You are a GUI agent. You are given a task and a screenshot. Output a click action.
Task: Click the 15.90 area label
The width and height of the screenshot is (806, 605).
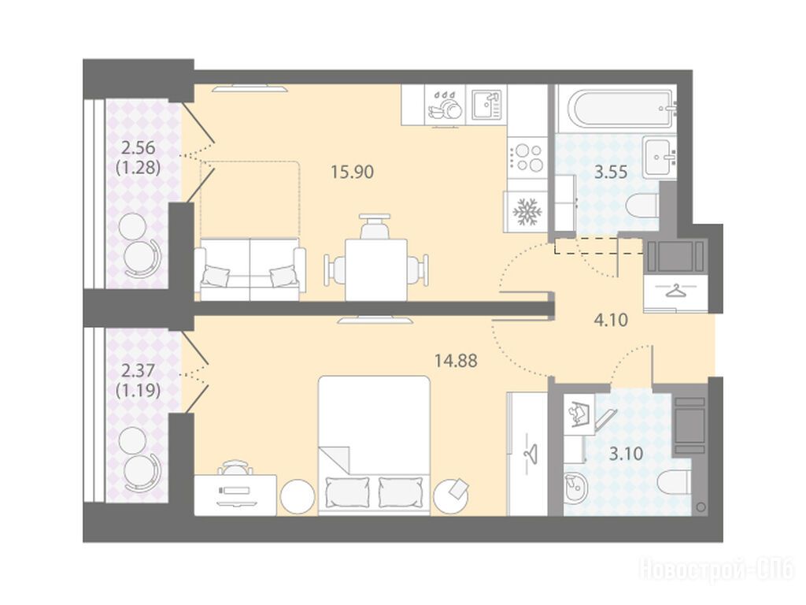pos(352,172)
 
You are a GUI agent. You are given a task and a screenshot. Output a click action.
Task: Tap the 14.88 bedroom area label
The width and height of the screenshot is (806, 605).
pos(456,361)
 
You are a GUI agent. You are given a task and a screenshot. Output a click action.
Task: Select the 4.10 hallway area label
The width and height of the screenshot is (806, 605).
pos(611,320)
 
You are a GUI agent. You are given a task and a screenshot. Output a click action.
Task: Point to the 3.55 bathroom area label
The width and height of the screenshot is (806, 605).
pos(611,172)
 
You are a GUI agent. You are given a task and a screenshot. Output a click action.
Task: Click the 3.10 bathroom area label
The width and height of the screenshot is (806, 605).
pos(626,454)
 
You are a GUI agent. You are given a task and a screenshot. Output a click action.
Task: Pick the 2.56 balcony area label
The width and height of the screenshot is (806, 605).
pos(139,147)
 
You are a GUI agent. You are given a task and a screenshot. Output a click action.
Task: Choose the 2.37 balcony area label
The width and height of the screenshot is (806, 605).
pos(139,370)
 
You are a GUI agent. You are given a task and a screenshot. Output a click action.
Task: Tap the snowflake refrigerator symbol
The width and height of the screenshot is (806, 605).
pos(525,211)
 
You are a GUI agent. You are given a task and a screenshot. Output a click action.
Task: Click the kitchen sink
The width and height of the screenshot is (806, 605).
pos(486,105)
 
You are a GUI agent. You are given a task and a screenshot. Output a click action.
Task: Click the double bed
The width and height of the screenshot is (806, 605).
pos(374,444)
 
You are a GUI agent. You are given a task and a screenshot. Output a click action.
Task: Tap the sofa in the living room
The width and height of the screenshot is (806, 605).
pos(250,269)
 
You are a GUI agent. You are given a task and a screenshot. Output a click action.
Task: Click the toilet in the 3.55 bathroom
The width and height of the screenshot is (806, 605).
pos(642,205)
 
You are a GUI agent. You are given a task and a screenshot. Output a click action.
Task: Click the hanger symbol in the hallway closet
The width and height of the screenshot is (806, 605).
pos(676,291)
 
